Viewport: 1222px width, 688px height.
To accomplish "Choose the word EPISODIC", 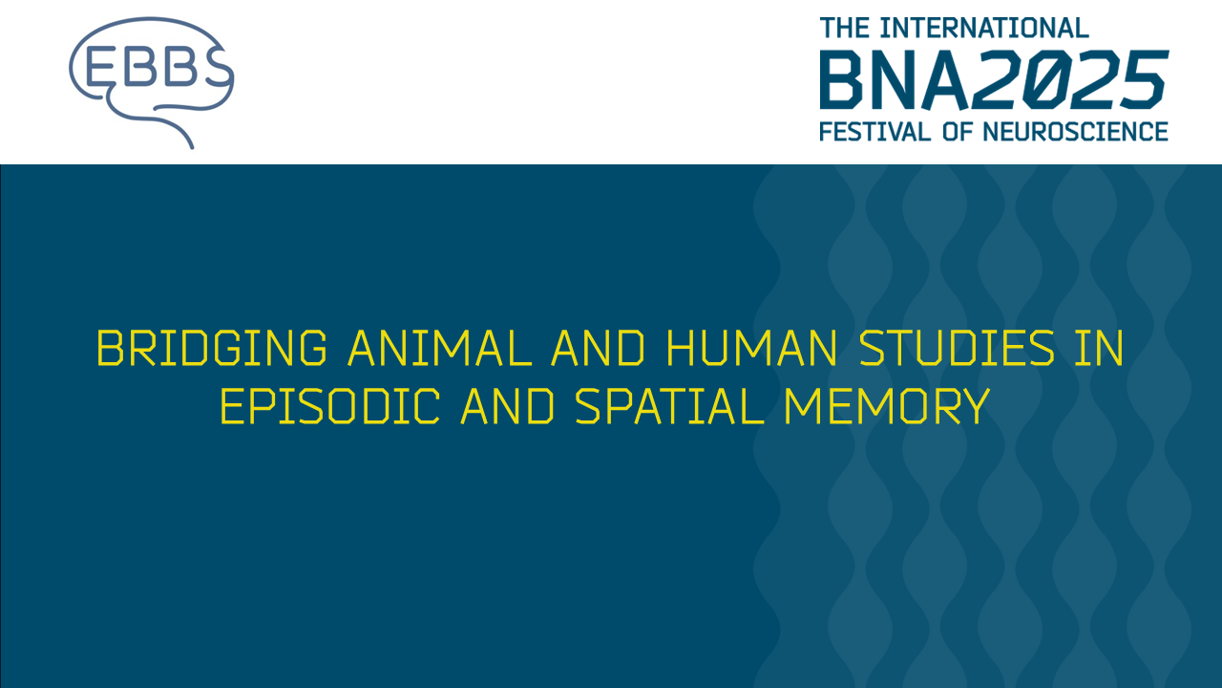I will coord(330,408).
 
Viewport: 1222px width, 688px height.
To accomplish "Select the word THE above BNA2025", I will coord(845,28).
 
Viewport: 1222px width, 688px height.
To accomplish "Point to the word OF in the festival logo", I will coord(958,131).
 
